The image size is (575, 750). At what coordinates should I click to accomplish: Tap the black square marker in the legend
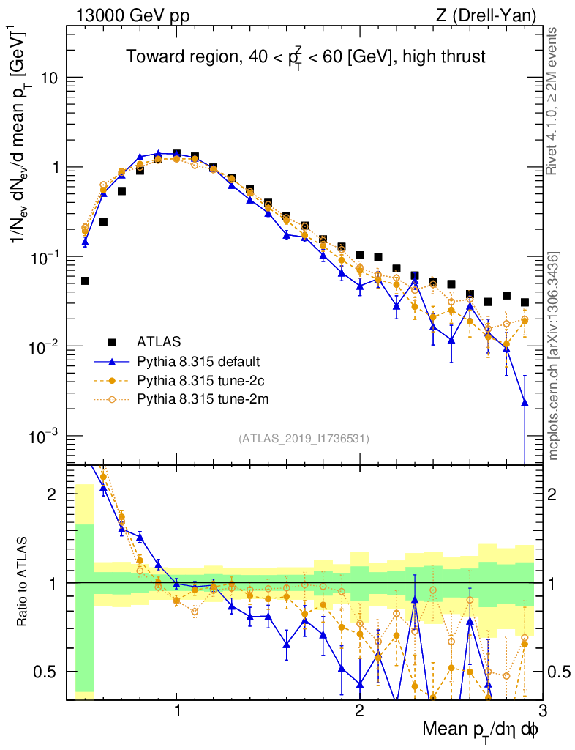pos(112,341)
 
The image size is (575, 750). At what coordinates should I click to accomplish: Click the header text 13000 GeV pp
pos(132,14)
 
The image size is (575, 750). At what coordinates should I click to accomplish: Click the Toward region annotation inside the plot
pos(305,56)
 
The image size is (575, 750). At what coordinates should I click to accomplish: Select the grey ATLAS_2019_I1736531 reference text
pos(304,439)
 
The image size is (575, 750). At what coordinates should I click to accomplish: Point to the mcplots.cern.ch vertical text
pos(555,352)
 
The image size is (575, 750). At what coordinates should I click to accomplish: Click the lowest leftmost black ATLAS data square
pos(85,281)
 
